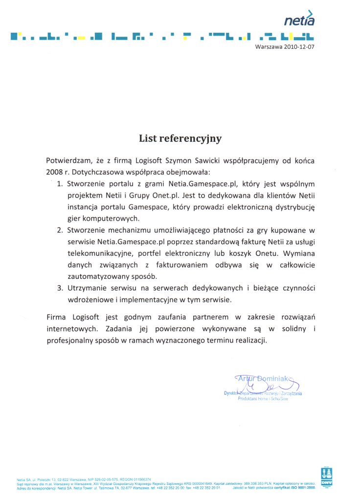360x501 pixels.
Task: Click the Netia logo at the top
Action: [299, 18]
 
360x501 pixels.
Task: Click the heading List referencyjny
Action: [180, 138]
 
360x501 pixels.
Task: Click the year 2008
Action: [55, 172]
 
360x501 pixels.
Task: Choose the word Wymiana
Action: [298, 253]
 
